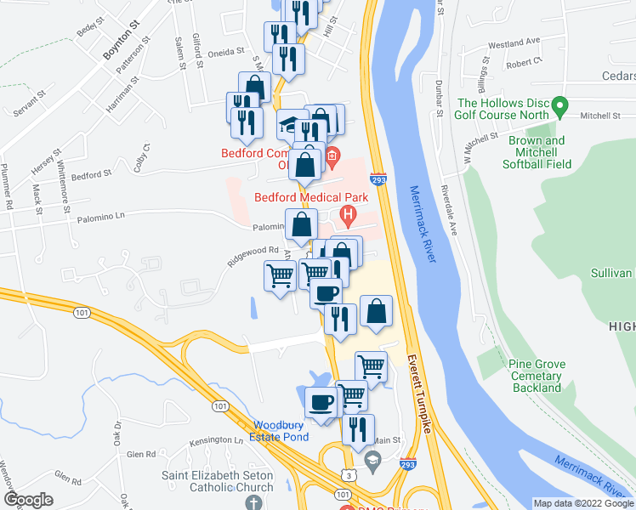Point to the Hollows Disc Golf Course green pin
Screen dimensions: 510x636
[x=559, y=106]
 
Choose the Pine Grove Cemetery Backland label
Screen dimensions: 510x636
[x=537, y=376]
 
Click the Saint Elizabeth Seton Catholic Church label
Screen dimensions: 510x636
[x=218, y=482]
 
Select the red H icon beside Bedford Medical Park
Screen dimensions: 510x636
[x=347, y=217]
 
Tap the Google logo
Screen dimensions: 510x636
[x=28, y=500]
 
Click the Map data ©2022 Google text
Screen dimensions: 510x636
[x=583, y=503]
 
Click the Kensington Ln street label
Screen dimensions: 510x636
[x=216, y=440]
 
